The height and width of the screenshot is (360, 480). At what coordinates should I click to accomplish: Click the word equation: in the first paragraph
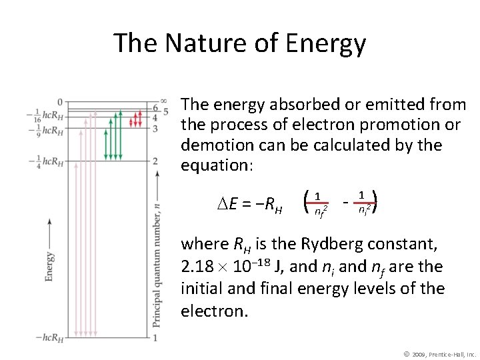coord(216,165)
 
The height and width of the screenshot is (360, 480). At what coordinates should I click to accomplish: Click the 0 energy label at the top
coord(60,102)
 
